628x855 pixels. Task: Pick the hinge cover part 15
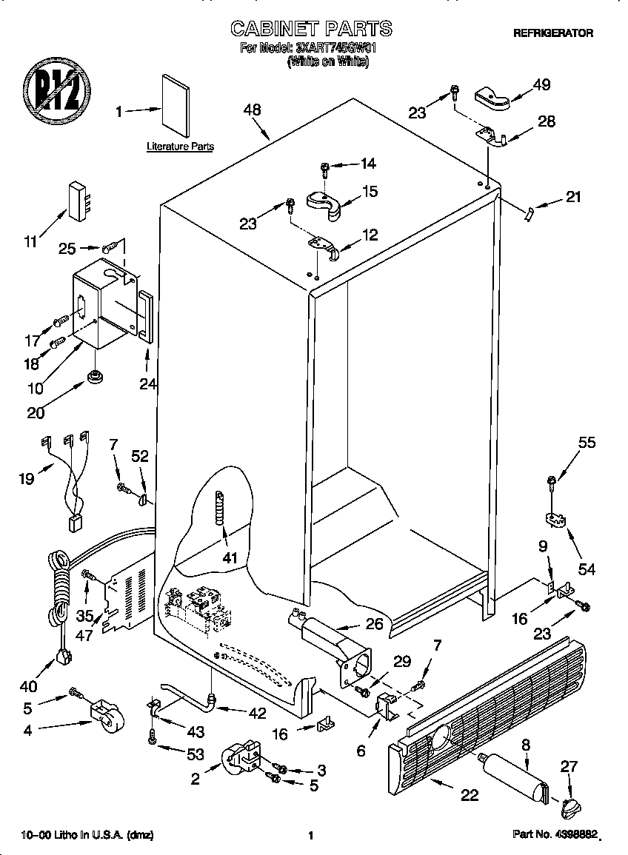pos(325,204)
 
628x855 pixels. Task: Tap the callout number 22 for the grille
pos(469,796)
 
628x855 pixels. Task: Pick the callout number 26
pos(375,623)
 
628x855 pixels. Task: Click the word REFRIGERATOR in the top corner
pos(553,33)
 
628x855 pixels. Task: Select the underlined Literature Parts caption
pos(180,147)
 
